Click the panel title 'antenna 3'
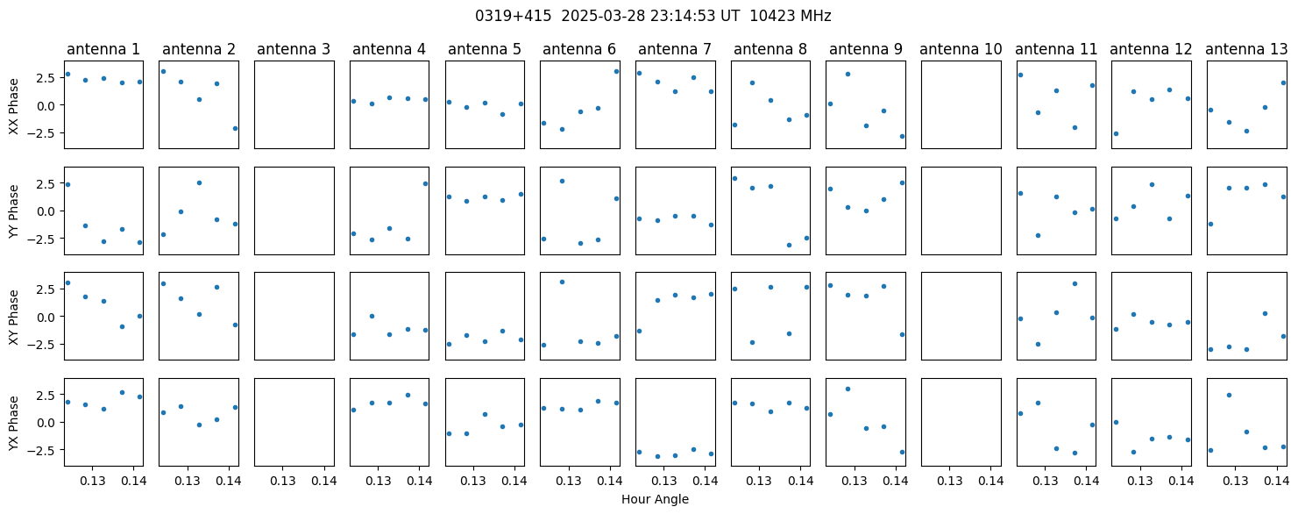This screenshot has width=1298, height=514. [294, 50]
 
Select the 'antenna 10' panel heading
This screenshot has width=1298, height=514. [961, 50]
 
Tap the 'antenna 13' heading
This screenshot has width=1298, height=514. [1246, 50]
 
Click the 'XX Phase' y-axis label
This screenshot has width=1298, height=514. [13, 106]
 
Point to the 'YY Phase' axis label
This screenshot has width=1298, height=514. [13, 211]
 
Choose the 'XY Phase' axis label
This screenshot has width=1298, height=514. [13, 318]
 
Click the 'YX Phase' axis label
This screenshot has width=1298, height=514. [13, 423]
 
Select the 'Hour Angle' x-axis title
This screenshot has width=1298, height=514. [655, 499]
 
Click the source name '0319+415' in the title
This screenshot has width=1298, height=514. [514, 17]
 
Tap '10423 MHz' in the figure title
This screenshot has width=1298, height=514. [791, 17]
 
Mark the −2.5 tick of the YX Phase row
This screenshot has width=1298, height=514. [44, 451]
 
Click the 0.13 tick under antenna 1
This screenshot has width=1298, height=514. [92, 481]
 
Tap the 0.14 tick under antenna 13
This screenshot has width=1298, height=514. [1276, 481]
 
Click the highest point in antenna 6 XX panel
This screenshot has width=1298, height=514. [616, 71]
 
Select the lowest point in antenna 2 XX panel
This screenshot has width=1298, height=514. [235, 128]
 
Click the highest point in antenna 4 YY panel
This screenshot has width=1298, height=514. [425, 183]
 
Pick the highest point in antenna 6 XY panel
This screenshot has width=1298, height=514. [562, 282]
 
